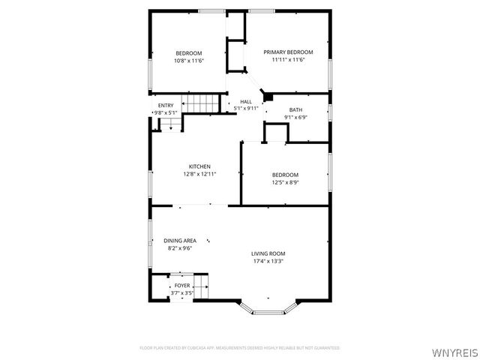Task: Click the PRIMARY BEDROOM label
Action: (x=288, y=52)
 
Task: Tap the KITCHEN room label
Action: (x=199, y=166)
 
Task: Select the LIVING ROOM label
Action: (x=268, y=253)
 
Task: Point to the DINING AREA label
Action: (x=180, y=241)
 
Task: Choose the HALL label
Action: (x=246, y=102)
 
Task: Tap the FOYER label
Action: (x=182, y=286)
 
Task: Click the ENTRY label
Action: (x=166, y=106)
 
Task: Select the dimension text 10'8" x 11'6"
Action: (x=189, y=60)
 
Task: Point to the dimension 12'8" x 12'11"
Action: (x=199, y=174)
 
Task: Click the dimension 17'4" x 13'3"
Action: (x=268, y=261)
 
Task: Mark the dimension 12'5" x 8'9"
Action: (x=285, y=182)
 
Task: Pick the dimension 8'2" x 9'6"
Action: (x=180, y=248)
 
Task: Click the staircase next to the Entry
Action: (x=202, y=103)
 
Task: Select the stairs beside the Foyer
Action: (x=202, y=285)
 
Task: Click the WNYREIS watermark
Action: (x=454, y=350)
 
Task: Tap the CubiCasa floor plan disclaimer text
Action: (x=240, y=348)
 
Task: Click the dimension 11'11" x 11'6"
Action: (x=288, y=59)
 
